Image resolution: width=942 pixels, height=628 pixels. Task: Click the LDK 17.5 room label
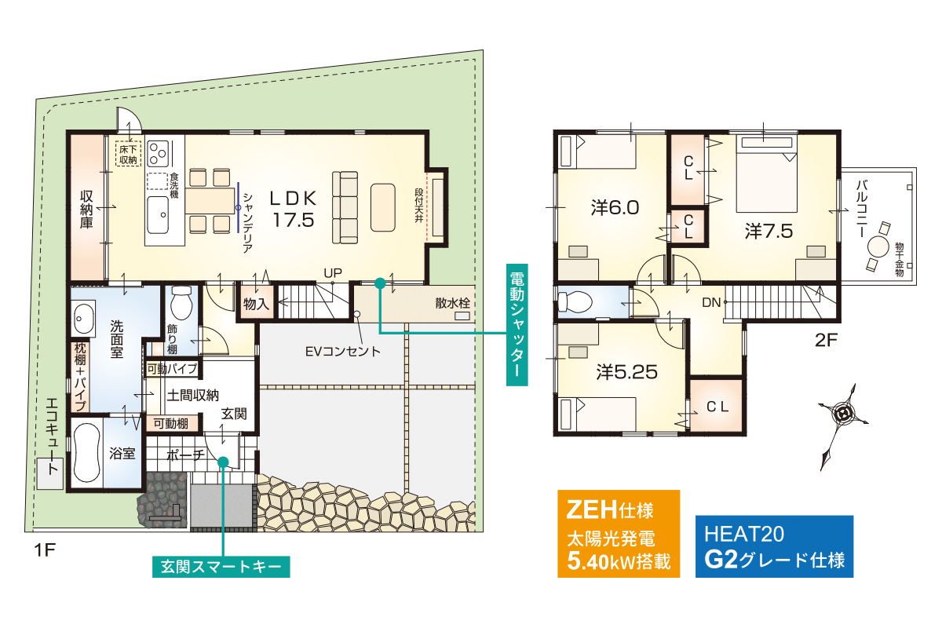(293, 209)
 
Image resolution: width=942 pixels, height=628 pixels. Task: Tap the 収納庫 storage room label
(86, 209)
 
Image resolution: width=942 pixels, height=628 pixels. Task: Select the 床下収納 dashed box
(128, 154)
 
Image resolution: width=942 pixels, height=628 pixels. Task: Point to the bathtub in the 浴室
(87, 453)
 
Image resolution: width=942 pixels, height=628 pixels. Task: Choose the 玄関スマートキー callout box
(221, 567)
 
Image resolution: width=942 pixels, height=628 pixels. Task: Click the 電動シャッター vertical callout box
(517, 325)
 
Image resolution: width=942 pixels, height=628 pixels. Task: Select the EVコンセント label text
(342, 351)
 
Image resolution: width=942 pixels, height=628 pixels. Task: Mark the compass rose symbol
(843, 426)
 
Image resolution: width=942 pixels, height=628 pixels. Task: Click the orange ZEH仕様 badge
(619, 533)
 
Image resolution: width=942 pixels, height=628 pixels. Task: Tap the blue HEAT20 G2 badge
(774, 546)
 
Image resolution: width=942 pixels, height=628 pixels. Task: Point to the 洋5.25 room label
(626, 372)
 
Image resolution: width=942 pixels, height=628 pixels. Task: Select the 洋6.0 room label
(615, 208)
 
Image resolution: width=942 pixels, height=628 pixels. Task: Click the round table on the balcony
(878, 246)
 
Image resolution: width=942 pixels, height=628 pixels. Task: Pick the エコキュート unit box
(50, 473)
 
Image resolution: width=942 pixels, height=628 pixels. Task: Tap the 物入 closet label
(256, 303)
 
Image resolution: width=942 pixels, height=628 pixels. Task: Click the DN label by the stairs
(711, 302)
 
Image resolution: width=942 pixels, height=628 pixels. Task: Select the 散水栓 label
(452, 303)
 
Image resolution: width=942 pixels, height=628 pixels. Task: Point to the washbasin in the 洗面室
(83, 319)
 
